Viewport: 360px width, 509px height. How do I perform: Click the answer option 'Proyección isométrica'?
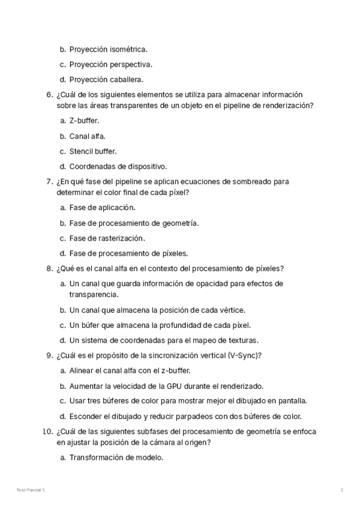coord(108,49)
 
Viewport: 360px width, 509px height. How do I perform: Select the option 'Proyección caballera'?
coord(106,79)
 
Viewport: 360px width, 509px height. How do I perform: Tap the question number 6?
coord(50,95)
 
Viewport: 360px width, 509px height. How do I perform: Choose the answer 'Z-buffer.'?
coord(84,121)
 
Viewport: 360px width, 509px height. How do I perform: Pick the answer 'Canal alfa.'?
coord(87,136)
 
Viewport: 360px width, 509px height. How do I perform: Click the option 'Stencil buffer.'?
coord(93,151)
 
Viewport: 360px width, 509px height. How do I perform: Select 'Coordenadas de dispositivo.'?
coord(118,166)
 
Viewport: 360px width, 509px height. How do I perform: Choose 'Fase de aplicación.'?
coord(102,208)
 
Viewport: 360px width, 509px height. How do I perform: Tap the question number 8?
coord(50,268)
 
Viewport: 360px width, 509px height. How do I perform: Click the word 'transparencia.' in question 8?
coord(94,295)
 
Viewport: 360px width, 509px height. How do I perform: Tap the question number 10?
coord(48,431)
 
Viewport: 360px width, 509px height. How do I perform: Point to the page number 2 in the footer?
coord(341,490)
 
